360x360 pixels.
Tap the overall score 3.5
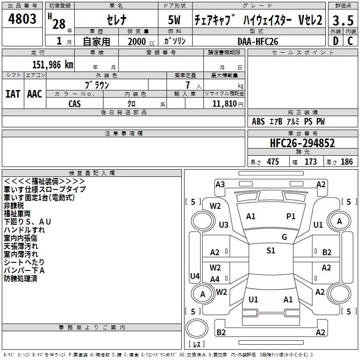point(343,20)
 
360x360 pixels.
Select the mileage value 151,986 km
point(53,64)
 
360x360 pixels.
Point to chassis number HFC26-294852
point(302,143)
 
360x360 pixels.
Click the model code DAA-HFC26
point(258,41)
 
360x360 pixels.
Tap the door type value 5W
point(175,20)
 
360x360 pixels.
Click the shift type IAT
point(13,94)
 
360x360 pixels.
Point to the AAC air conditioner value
point(34,94)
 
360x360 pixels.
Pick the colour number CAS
point(75,103)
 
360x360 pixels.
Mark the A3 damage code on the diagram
point(220,184)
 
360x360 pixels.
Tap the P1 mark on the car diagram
point(291,216)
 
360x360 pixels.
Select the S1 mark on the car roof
point(270,251)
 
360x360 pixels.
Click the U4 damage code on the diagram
point(194,276)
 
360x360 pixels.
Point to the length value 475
point(273,162)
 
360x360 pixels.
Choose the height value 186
point(346,162)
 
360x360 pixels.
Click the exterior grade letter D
point(335,41)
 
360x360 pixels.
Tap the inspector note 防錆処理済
point(21,279)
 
